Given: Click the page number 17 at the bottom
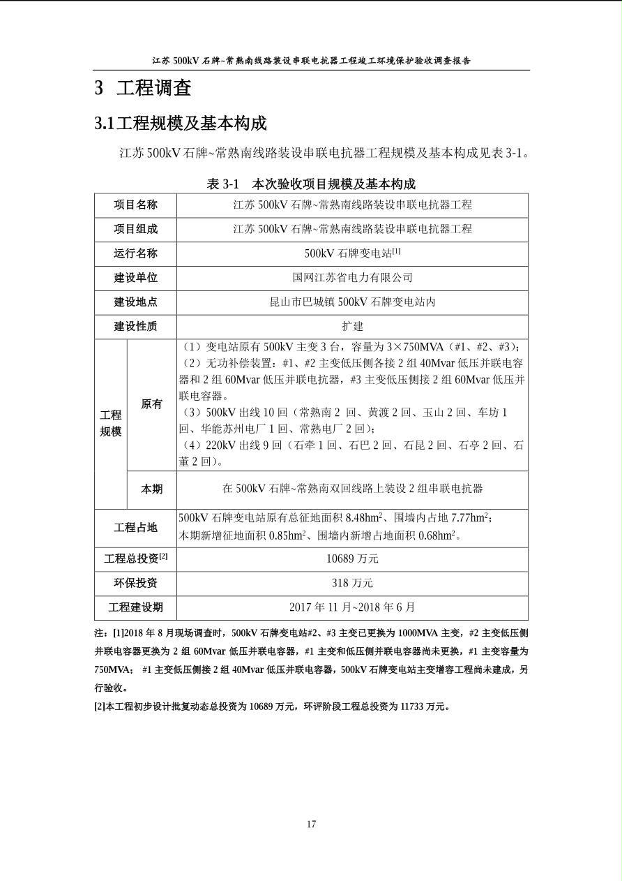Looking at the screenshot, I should [311, 824].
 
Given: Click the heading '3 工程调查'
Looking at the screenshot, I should [143, 88].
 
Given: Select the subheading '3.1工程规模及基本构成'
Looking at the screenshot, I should [181, 124].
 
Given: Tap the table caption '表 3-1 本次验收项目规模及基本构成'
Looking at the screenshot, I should [311, 184].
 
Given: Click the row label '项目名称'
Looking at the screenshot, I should [136, 205].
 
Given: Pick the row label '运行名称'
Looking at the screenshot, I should [136, 253].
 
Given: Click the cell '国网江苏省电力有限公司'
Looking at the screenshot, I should [352, 277].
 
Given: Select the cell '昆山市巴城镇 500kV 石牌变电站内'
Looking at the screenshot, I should [352, 302].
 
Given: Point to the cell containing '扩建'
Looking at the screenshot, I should [352, 326].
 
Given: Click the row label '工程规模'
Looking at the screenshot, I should [110, 423].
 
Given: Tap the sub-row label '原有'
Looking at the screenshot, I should [151, 404].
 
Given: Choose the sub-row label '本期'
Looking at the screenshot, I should [151, 489].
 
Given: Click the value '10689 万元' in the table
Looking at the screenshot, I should [352, 558].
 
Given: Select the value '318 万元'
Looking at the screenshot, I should [352, 583].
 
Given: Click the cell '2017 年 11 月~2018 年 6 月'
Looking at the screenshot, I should [352, 607].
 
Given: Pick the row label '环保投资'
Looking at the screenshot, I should [136, 583].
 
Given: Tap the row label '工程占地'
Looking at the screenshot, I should [136, 528].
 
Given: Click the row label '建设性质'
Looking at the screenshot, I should [136, 326].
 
